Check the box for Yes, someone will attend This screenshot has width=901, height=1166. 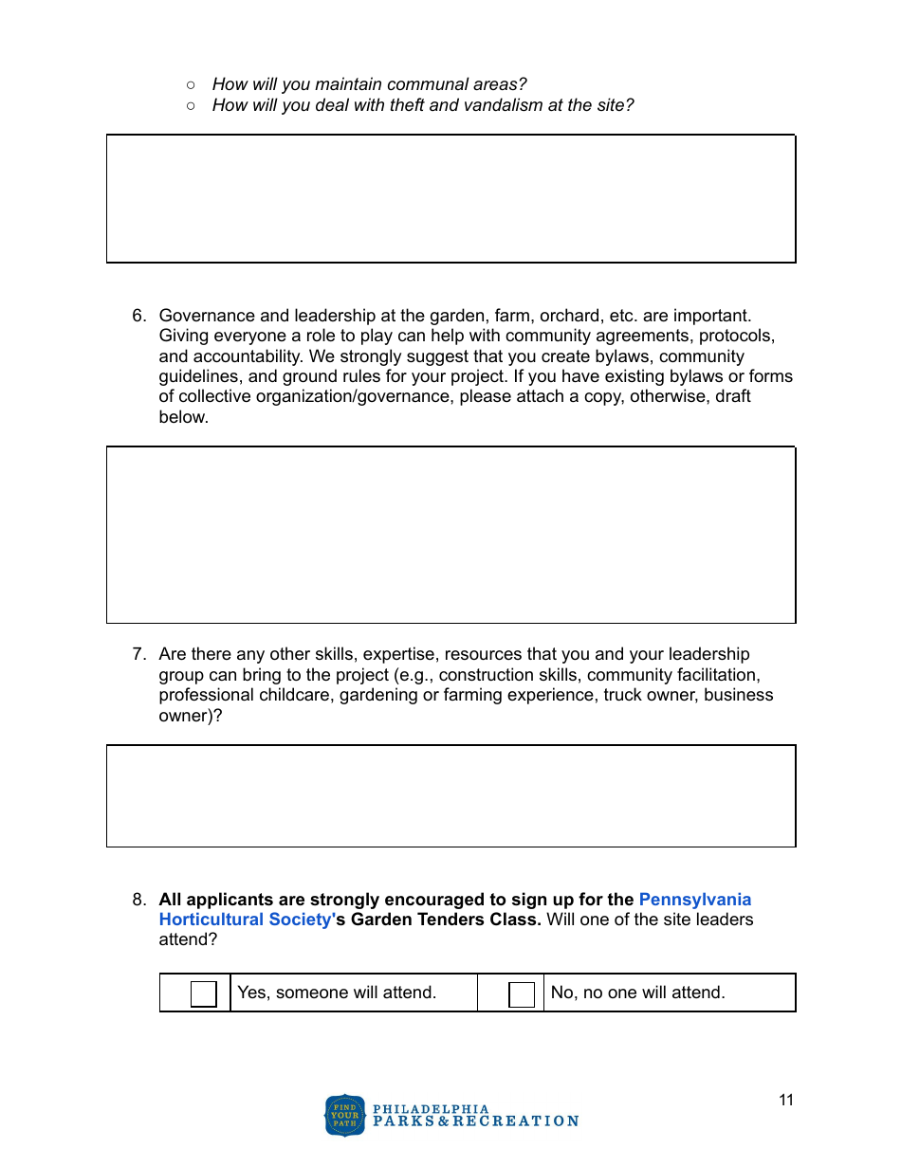(x=203, y=993)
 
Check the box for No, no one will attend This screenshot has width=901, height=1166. (x=522, y=993)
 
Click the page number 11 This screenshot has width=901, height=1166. (x=786, y=1101)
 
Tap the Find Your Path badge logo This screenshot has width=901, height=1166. (x=344, y=1115)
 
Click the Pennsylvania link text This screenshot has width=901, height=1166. (x=695, y=900)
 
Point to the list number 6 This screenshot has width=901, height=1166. (x=138, y=316)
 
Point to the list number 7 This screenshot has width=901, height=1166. (x=138, y=654)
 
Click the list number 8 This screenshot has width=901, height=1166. (x=138, y=900)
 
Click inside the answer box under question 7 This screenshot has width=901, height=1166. (x=450, y=795)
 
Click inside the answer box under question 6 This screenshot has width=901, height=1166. (x=450, y=535)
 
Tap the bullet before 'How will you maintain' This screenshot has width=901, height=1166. (x=191, y=85)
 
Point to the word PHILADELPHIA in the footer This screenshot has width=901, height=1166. (x=432, y=1109)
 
